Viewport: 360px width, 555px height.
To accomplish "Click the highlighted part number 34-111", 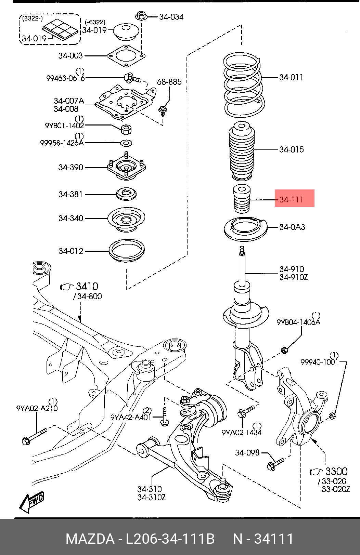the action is coord(291,199).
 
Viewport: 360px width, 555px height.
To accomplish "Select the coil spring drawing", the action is coord(244,85).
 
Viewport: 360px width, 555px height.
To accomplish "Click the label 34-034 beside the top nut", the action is coord(171,17).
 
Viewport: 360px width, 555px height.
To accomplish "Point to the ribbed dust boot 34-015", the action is coord(242,151).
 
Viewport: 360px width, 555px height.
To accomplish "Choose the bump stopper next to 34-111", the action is coord(242,199).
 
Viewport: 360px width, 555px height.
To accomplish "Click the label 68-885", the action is coord(169,82).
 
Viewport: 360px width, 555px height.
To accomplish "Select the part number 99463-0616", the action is coord(65,78).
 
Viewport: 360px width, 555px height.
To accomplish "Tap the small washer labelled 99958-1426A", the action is coord(126,143).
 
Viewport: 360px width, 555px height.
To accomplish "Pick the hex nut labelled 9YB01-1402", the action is coord(126,129).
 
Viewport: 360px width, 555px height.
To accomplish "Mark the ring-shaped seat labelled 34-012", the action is coord(127,251).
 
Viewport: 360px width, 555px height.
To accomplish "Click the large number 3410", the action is coord(87,286).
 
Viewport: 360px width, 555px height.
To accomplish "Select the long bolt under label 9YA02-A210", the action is coord(34,436).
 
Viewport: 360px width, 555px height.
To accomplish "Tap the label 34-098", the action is coord(247,453).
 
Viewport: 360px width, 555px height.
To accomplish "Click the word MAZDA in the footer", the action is coord(90,538).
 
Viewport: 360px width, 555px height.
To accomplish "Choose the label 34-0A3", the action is coord(292,227).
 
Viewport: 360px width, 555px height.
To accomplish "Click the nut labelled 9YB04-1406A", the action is coord(284,350).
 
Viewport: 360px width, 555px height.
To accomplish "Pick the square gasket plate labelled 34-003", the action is coord(126,56).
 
